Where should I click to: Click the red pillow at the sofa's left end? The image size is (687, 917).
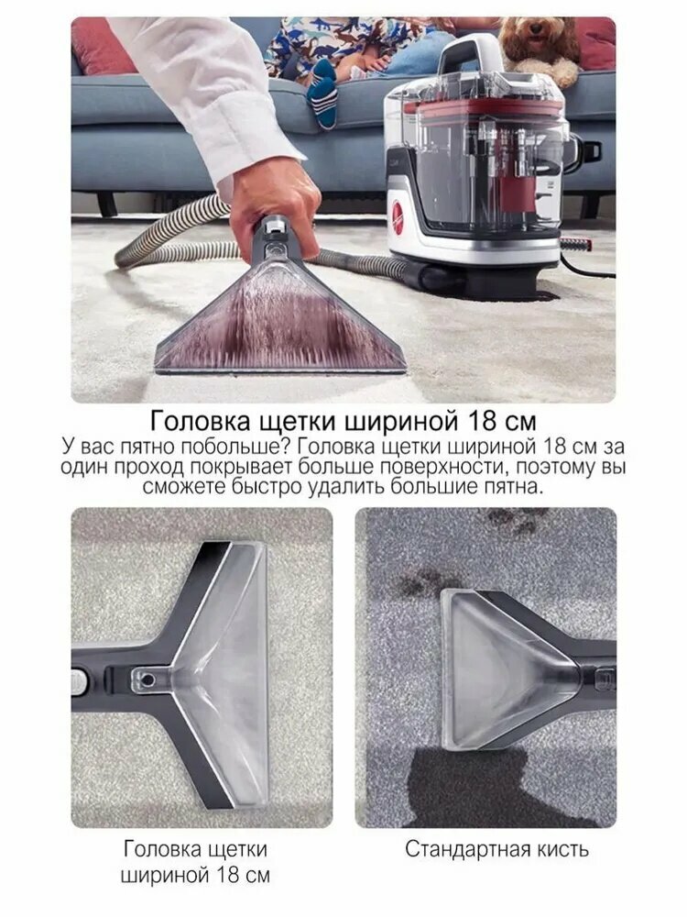pyautogui.click(x=105, y=46)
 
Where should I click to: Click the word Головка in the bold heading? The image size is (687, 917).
pyautogui.click(x=199, y=421)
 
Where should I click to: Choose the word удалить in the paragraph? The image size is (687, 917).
pyautogui.click(x=351, y=487)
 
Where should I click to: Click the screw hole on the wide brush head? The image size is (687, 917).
pyautogui.click(x=147, y=679)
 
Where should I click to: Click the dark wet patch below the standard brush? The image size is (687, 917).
pyautogui.click(x=474, y=784)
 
